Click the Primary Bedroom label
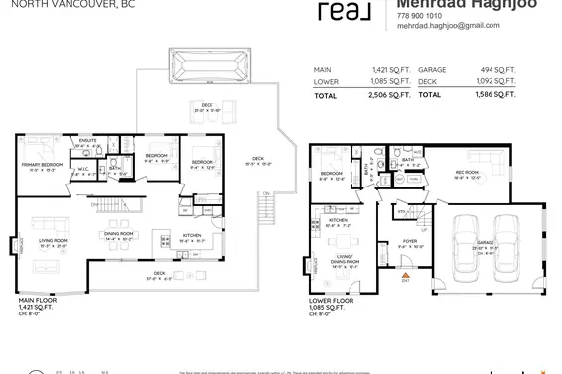(39, 165)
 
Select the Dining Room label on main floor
(119, 234)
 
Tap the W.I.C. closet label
(84, 168)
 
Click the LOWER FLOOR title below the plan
(332, 298)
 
